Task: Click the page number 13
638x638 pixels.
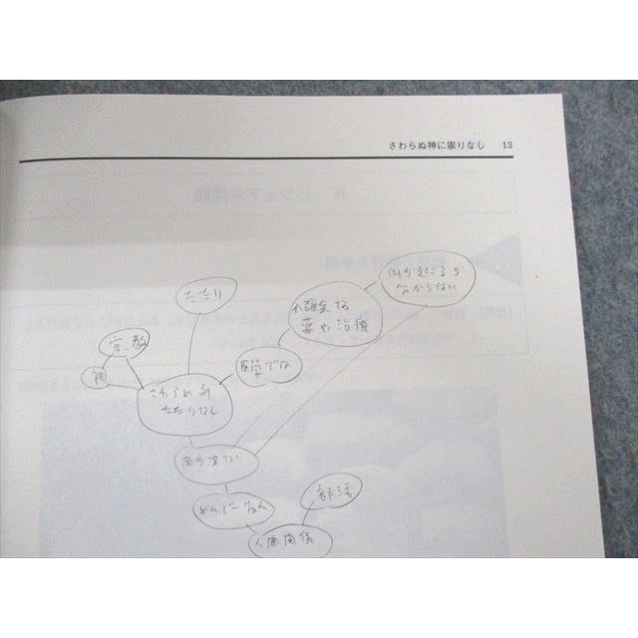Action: pos(507,146)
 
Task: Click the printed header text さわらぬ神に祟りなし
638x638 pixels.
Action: pos(437,146)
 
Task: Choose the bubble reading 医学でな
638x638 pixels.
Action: pos(262,365)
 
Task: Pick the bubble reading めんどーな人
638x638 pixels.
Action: pos(227,509)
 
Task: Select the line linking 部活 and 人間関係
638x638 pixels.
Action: pos(312,519)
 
